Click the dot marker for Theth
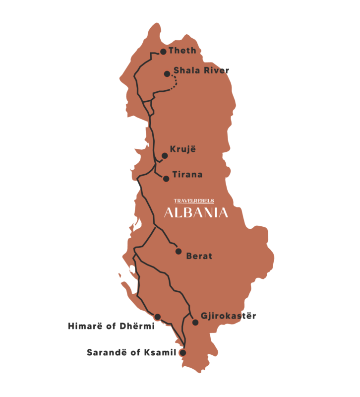[163, 52]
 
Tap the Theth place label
[182, 51]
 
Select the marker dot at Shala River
[167, 74]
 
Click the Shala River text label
[201, 70]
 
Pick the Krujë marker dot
[165, 155]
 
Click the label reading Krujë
[180, 149]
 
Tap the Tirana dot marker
[166, 179]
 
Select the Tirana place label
[187, 175]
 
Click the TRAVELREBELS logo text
[194, 201]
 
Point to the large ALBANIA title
[196, 213]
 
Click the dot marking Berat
[179, 251]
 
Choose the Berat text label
[199, 257]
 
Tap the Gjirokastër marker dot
[195, 323]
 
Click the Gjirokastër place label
[228, 316]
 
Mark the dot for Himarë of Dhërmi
[157, 317]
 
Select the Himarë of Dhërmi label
[111, 327]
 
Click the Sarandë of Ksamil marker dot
[182, 353]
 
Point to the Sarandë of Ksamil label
[131, 353]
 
